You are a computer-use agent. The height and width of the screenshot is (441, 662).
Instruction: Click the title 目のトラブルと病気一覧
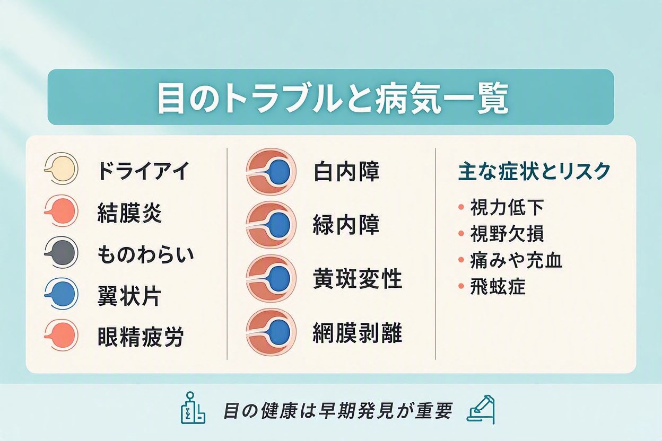click(x=333, y=97)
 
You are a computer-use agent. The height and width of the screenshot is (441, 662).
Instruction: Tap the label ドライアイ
click(x=143, y=171)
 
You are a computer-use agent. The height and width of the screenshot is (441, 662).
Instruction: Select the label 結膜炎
click(x=129, y=213)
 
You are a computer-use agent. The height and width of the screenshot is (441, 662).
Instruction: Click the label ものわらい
click(x=146, y=254)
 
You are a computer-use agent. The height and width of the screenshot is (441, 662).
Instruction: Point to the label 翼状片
click(x=129, y=296)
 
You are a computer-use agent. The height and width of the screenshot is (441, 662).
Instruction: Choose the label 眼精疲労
click(x=141, y=337)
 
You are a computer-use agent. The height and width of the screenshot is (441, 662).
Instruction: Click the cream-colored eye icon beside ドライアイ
click(x=61, y=169)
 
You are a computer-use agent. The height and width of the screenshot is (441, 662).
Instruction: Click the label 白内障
click(x=346, y=172)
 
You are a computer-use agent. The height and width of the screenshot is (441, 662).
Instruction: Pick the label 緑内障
click(x=346, y=225)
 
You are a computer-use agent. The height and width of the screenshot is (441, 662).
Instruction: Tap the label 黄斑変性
click(x=358, y=279)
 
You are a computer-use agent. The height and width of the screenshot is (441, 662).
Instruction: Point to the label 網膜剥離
click(x=358, y=333)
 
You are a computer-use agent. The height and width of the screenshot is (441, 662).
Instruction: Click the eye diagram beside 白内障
click(x=271, y=172)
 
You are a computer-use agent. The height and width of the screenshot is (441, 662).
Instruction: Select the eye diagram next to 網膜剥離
click(x=271, y=332)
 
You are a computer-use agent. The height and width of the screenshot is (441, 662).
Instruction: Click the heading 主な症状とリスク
click(x=534, y=172)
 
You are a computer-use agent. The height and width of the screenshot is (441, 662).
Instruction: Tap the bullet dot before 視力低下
click(x=460, y=207)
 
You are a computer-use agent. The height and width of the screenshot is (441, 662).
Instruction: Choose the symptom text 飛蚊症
click(x=498, y=286)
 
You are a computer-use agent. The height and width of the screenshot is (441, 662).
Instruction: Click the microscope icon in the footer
click(x=481, y=410)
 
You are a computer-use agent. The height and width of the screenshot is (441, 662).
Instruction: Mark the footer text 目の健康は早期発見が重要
click(x=338, y=411)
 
